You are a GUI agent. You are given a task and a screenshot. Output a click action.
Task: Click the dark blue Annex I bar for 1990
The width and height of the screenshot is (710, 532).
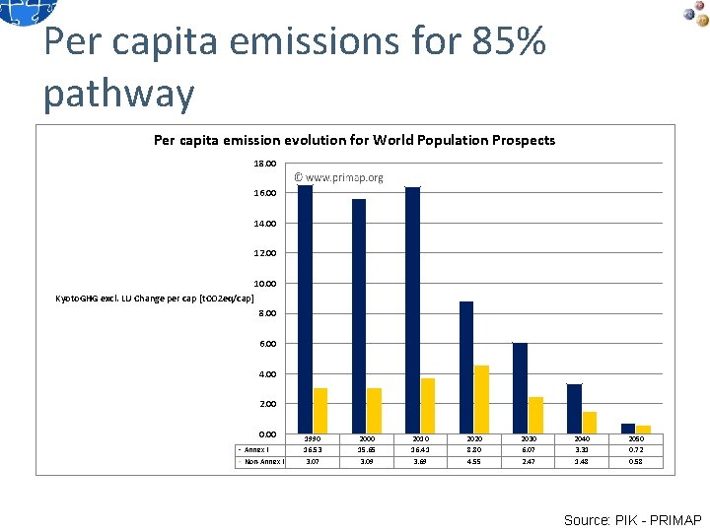306,309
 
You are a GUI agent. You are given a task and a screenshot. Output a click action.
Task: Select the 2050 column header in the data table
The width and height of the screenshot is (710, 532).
637,438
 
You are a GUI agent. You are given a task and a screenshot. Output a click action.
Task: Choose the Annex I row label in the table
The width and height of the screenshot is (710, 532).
256,449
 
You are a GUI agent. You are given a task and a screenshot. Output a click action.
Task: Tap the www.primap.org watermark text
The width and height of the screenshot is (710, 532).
339,178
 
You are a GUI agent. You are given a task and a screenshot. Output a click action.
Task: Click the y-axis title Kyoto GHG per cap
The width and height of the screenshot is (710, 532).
156,298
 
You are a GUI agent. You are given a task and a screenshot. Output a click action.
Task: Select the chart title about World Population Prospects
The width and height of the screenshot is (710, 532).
354,140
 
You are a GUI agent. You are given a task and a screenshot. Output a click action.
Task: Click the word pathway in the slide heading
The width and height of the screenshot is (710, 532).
119,94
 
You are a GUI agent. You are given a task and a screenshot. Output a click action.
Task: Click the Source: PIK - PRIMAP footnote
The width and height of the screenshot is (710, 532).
632,519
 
